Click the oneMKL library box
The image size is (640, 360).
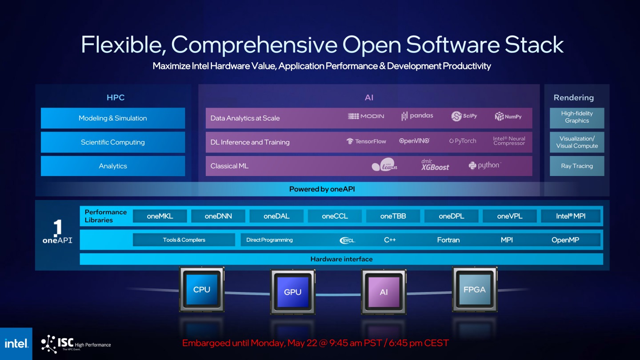pos(160,216)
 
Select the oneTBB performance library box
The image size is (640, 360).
pos(393,216)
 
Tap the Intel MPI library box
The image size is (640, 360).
pos(571,216)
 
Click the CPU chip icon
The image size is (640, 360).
pos(202,290)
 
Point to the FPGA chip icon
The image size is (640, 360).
pos(474,289)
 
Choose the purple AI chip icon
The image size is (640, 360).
pos(384,292)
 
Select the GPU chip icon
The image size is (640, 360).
pos(293,292)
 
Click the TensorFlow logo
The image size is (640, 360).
pos(366,141)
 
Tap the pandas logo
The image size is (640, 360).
pos(417,116)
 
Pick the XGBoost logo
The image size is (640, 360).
pos(435,165)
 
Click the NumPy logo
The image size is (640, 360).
pos(508,116)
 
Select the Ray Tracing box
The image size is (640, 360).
pos(577,166)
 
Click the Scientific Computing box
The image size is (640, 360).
pos(113,142)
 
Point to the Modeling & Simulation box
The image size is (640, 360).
pos(113,118)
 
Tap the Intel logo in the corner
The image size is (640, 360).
pos(16,344)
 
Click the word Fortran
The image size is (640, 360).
pos(448,240)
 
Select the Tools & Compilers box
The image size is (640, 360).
pos(184,240)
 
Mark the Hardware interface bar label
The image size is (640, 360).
pos(341,259)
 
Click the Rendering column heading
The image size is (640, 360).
pos(573,98)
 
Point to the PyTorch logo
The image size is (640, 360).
pos(462,141)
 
